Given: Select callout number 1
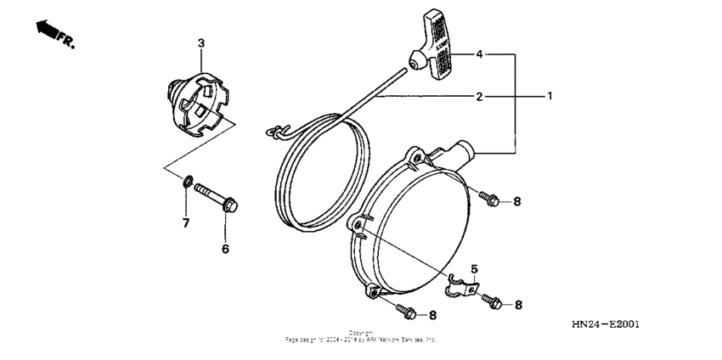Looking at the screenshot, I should coord(550,96).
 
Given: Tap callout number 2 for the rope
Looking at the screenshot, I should coord(479,97).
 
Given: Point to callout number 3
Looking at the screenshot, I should coord(201,42).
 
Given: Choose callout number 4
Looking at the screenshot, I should coord(479,54).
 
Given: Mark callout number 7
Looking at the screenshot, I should coord(186,222).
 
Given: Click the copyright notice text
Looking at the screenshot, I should coord(360,335).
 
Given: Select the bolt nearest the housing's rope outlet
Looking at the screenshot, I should coord(488,199).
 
